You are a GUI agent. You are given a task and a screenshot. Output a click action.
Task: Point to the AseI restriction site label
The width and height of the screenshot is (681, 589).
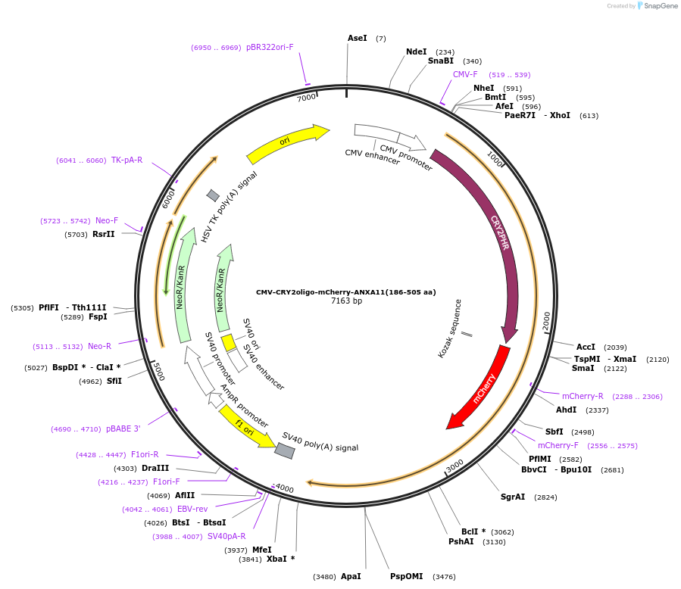(x=357, y=38)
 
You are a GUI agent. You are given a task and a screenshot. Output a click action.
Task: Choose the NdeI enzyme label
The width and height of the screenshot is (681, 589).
(x=416, y=52)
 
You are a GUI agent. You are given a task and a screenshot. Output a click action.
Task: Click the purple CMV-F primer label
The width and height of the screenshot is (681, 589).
(x=465, y=74)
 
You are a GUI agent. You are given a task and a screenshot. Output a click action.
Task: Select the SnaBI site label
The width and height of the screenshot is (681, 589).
(x=440, y=61)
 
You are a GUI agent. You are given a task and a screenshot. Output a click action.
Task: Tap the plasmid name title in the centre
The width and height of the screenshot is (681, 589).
(x=345, y=291)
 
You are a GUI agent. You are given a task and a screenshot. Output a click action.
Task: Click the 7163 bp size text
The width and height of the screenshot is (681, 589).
(x=346, y=301)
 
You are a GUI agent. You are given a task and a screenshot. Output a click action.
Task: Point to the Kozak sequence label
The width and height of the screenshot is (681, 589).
(x=449, y=329)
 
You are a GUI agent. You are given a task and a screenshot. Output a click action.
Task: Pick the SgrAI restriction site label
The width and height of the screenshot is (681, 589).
(x=513, y=497)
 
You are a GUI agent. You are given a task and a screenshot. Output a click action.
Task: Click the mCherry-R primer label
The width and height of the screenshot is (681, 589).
(x=583, y=396)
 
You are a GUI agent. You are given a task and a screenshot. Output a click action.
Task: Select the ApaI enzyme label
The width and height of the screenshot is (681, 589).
(x=350, y=576)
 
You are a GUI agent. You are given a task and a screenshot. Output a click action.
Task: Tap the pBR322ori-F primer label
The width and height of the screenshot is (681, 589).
(x=270, y=47)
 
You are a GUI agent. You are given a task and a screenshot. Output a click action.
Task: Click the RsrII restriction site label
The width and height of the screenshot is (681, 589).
(x=104, y=235)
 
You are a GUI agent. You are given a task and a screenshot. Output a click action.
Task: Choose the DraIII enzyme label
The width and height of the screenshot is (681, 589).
(x=155, y=468)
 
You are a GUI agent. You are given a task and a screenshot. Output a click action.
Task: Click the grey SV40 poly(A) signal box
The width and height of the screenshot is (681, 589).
(x=285, y=450)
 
